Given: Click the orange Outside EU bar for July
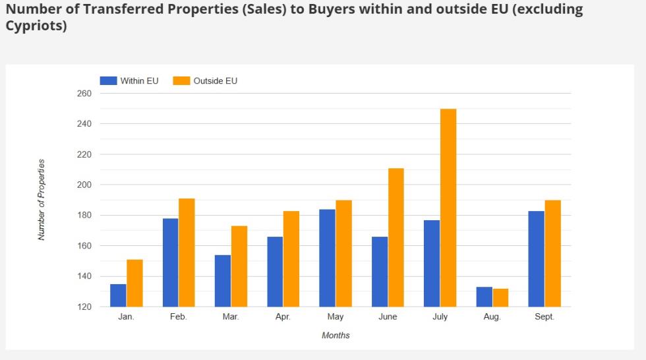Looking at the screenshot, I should click(x=448, y=208).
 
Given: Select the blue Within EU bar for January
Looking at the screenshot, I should click(x=118, y=295).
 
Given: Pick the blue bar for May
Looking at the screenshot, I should click(x=327, y=258).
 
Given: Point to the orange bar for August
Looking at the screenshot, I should click(x=500, y=297).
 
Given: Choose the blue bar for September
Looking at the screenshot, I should click(x=536, y=258).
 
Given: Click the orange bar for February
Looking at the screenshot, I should click(x=187, y=253).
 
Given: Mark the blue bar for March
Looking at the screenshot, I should click(x=222, y=280).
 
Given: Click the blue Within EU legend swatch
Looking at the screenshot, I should click(x=108, y=81).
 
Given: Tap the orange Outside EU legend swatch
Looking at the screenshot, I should click(x=181, y=81).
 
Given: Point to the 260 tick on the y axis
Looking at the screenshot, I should click(x=84, y=94).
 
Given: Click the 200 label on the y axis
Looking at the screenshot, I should click(x=84, y=185).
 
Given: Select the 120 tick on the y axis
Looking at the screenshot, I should click(x=84, y=307).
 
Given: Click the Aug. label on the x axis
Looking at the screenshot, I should click(x=492, y=317).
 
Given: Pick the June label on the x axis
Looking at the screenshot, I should click(x=388, y=317).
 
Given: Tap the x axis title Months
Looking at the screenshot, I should click(x=336, y=336).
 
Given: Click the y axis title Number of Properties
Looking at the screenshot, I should click(x=42, y=199).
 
